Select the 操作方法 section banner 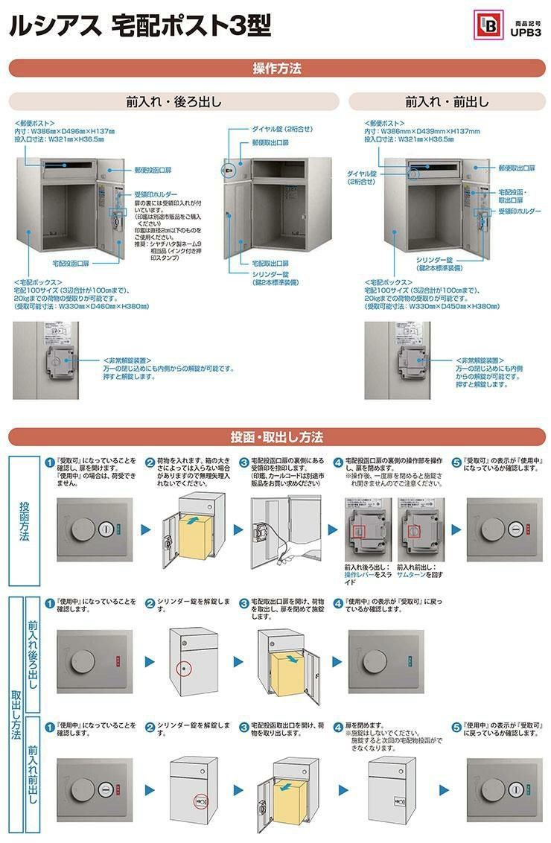pyautogui.click(x=276, y=69)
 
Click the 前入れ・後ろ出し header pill pyautogui.click(x=173, y=101)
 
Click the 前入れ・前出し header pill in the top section pyautogui.click(x=447, y=101)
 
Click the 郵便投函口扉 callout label pyautogui.click(x=153, y=171)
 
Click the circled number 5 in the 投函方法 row pyautogui.click(x=456, y=462)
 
